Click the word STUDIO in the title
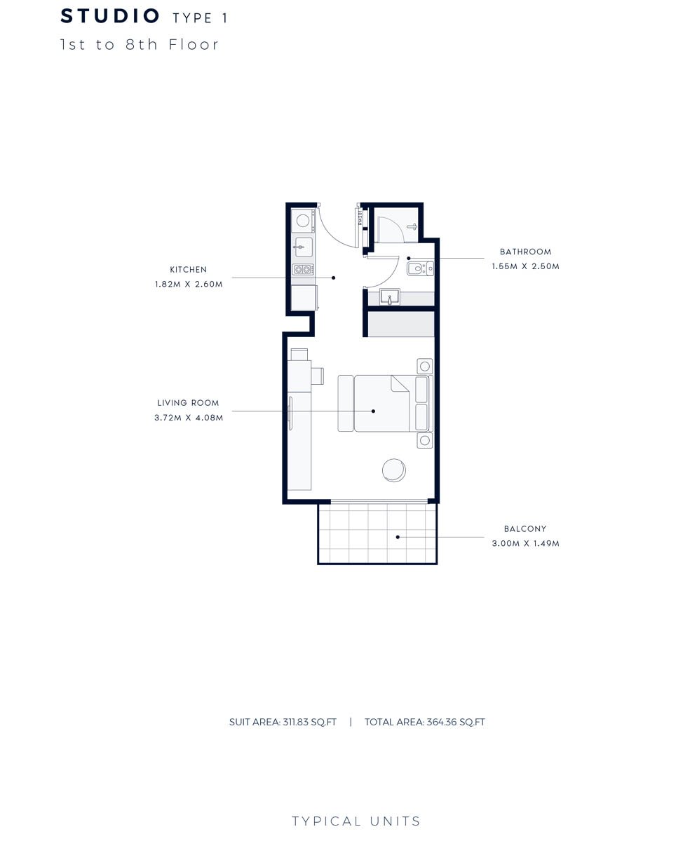pyautogui.click(x=110, y=16)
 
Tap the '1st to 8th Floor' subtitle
pyautogui.click(x=140, y=45)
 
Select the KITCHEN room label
pyautogui.click(x=188, y=269)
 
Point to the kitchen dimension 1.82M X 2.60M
pyautogui.click(x=189, y=285)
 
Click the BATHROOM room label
pyautogui.click(x=525, y=252)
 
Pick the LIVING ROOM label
pyautogui.click(x=188, y=403)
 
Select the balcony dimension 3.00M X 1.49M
pyautogui.click(x=525, y=544)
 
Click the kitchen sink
pyautogui.click(x=303, y=247)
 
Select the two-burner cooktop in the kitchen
pyautogui.click(x=303, y=269)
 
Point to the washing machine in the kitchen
pyautogui.click(x=303, y=221)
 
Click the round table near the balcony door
pyautogui.click(x=394, y=470)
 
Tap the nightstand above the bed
pyautogui.click(x=424, y=366)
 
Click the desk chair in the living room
pyautogui.click(x=317, y=376)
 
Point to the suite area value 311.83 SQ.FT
pyautogui.click(x=309, y=723)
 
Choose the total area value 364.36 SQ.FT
pyautogui.click(x=454, y=723)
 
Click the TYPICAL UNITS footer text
pyautogui.click(x=356, y=821)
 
